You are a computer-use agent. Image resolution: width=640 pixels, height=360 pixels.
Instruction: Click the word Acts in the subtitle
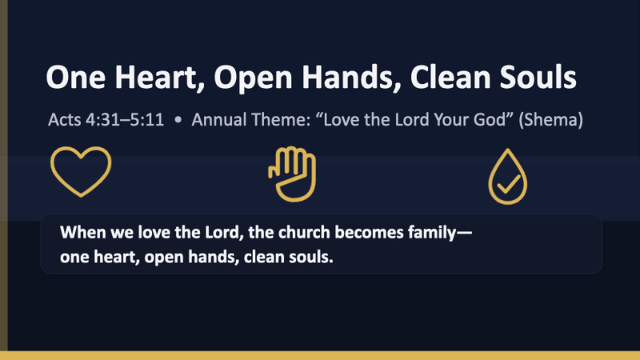click(x=63, y=123)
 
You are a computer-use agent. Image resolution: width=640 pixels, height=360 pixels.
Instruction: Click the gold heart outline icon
click(x=81, y=172)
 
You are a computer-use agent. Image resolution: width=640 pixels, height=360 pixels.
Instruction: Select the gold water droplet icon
click(x=507, y=176)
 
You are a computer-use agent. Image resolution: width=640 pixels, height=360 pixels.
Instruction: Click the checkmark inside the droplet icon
click(x=507, y=186)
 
